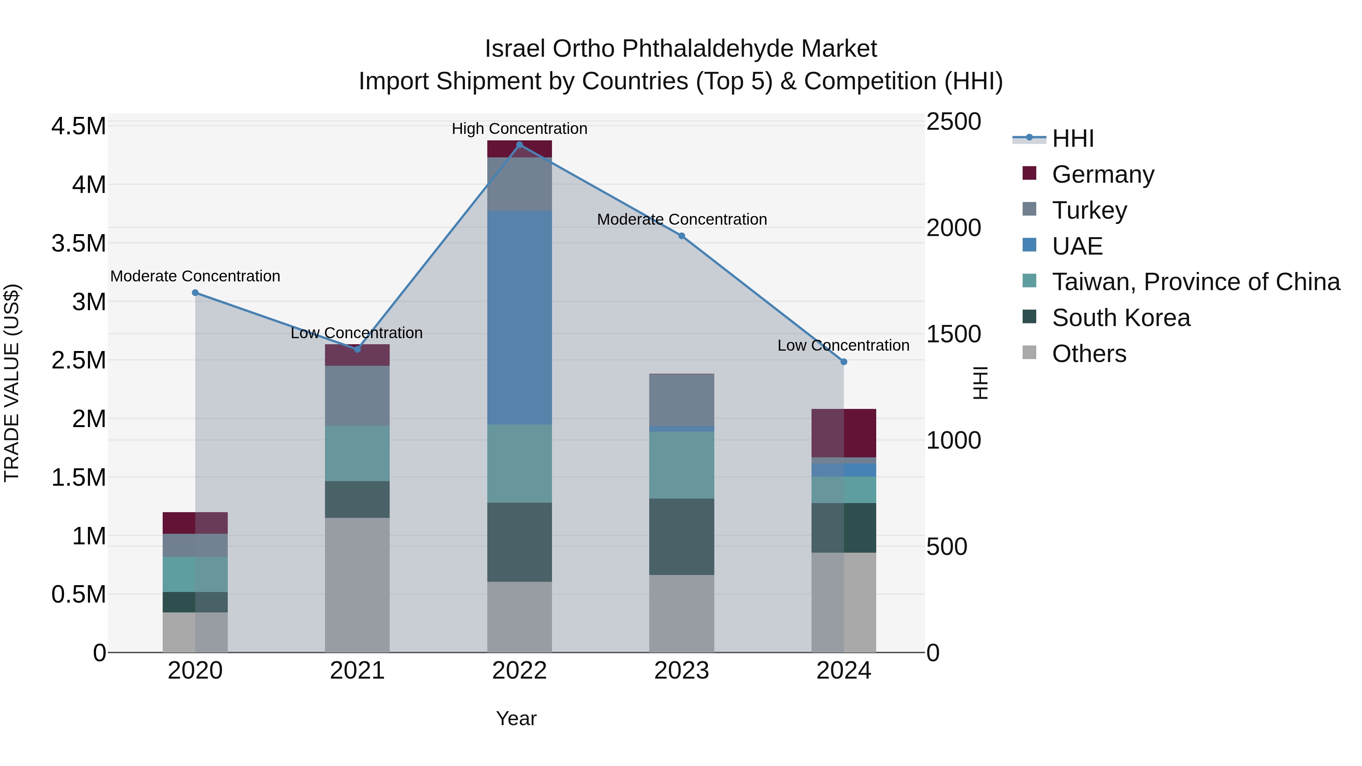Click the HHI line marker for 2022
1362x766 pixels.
(519, 145)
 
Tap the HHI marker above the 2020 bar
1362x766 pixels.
(195, 292)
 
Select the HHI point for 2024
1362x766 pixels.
(844, 362)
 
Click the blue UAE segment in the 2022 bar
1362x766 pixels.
(519, 317)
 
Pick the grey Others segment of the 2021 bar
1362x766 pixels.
(357, 584)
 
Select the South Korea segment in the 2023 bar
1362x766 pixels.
(681, 536)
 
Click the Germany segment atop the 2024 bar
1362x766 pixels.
(844, 432)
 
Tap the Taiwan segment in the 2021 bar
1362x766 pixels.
(357, 453)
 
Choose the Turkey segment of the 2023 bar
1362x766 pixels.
(681, 399)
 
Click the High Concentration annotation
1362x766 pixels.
(519, 129)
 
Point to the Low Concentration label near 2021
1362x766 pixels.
(356, 333)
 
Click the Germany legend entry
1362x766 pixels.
(1102, 174)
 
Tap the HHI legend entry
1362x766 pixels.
(1072, 138)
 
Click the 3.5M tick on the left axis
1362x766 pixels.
(78, 243)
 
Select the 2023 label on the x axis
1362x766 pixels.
(681, 671)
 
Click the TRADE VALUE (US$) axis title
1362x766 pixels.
(12, 383)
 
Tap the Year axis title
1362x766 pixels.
(516, 718)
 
